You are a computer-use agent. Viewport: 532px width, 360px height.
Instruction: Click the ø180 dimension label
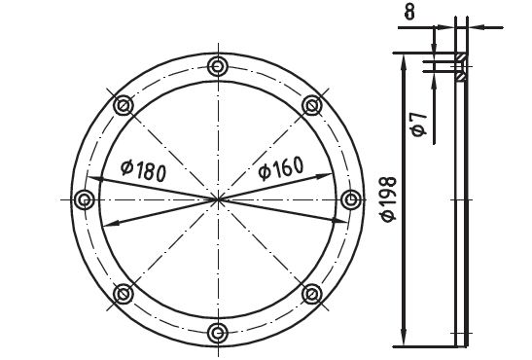144,170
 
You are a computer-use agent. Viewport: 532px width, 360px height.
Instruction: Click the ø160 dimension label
281,167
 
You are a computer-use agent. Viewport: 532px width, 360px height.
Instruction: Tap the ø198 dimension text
389,198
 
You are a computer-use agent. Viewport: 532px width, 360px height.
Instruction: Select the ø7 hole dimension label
419,125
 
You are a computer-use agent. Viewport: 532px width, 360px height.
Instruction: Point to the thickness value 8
409,13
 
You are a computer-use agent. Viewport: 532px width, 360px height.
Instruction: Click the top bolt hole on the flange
217,66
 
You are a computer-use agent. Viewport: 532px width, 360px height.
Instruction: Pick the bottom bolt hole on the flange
217,333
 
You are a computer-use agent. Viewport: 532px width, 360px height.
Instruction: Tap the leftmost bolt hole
85,199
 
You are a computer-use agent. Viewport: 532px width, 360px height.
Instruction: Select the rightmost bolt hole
350,199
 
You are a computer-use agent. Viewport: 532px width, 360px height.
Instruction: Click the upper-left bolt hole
124,105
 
